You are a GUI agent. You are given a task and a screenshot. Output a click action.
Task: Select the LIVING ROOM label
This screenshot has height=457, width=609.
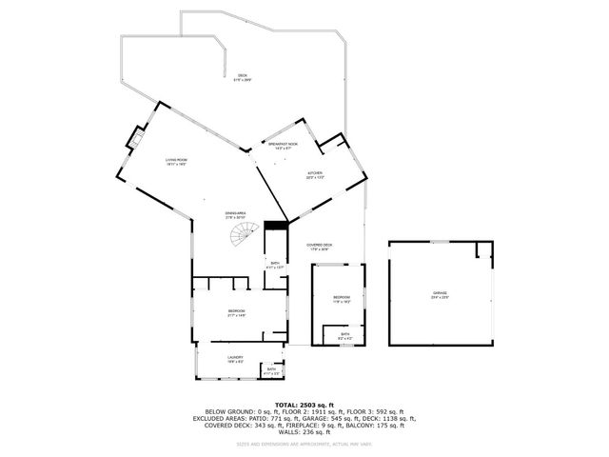(x=175, y=162)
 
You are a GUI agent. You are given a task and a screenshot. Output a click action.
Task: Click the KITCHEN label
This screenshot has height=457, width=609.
(x=314, y=175)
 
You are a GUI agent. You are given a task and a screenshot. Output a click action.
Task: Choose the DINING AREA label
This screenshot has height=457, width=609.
(x=235, y=215)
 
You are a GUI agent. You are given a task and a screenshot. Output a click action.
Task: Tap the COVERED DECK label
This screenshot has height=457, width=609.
(x=320, y=247)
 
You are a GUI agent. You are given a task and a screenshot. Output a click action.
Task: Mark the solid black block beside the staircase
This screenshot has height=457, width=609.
(x=275, y=225)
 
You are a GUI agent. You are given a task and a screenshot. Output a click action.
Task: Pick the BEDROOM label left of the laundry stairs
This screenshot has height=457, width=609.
(x=236, y=312)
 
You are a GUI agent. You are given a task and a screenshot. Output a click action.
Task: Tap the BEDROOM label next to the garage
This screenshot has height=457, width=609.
(x=342, y=299)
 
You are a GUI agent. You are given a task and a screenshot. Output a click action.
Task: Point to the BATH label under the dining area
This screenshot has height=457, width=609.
(x=275, y=266)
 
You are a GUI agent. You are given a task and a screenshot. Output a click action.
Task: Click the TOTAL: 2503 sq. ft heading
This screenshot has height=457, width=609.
(x=304, y=405)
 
